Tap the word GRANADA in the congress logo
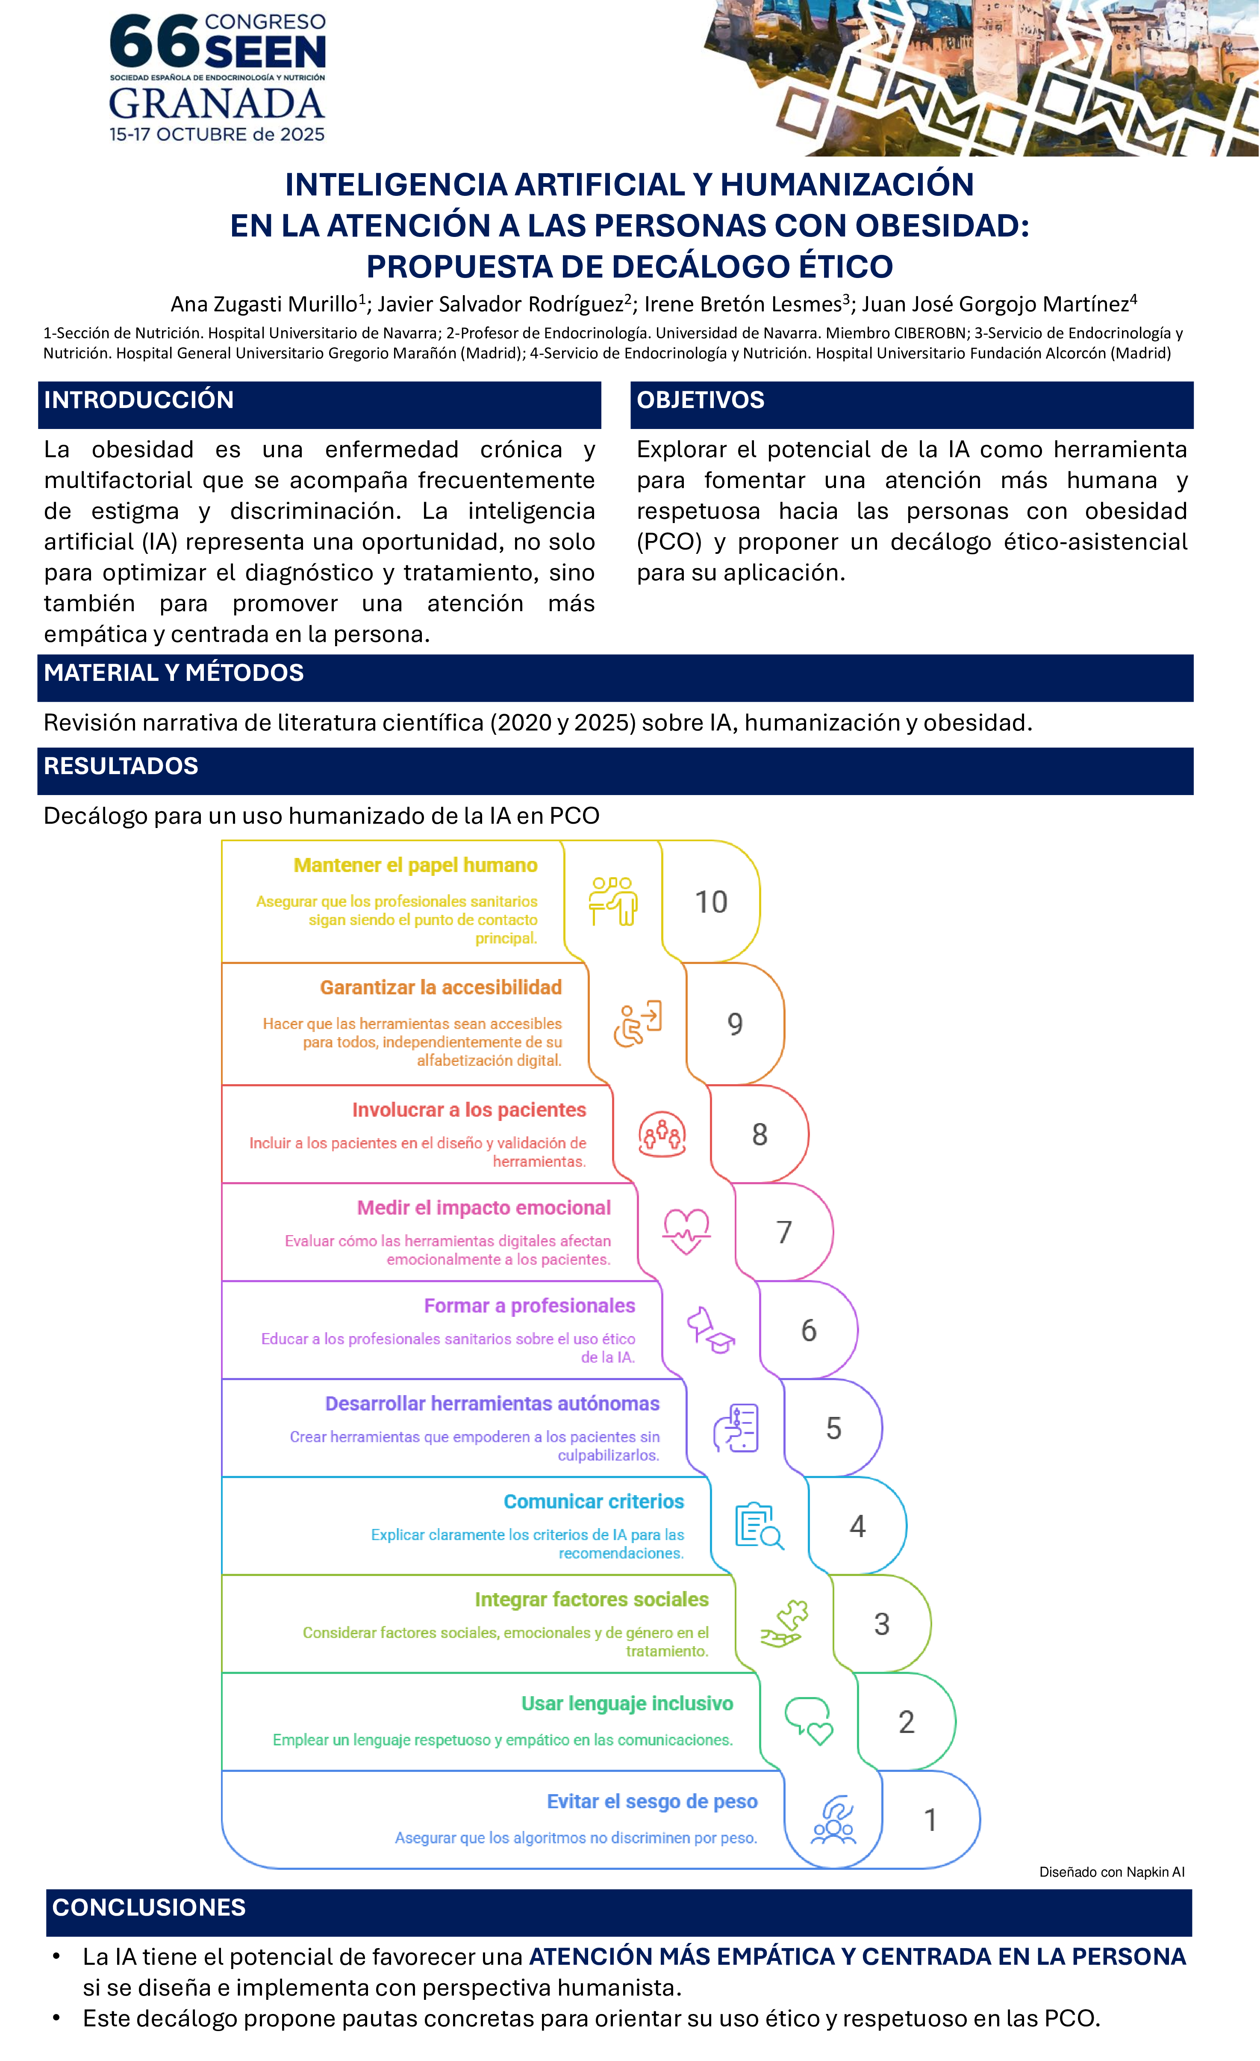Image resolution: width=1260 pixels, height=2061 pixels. pos(217,104)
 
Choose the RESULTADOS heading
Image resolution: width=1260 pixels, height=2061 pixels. pos(121,766)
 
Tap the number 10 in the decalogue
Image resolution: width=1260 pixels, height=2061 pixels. pos(711,902)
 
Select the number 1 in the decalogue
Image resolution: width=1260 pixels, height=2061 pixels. pos(930,1820)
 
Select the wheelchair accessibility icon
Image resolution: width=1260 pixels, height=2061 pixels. pos(637,1024)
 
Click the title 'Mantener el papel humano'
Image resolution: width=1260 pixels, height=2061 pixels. pos(415,866)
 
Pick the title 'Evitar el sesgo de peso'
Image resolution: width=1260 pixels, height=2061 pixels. pos(652,1802)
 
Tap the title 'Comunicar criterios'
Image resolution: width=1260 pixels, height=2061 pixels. pos(594,1502)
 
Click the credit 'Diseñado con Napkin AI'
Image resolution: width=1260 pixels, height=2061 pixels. pos(1111,1872)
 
